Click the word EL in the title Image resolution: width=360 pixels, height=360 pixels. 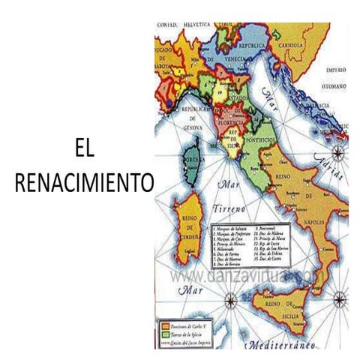click(84, 150)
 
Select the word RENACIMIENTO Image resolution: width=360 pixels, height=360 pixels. click(83, 182)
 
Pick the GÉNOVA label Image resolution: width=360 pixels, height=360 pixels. click(194, 128)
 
